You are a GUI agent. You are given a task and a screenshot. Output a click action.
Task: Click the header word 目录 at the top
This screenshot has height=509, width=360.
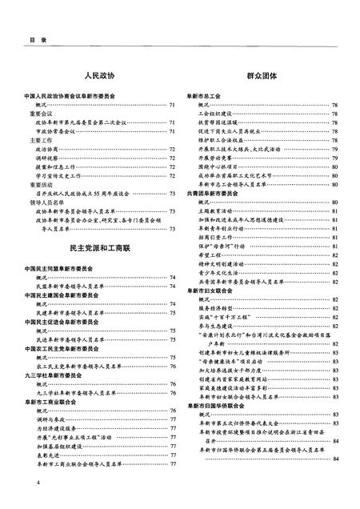tap(16, 38)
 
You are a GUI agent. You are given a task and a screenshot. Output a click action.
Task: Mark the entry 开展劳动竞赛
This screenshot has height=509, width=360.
tap(213, 157)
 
